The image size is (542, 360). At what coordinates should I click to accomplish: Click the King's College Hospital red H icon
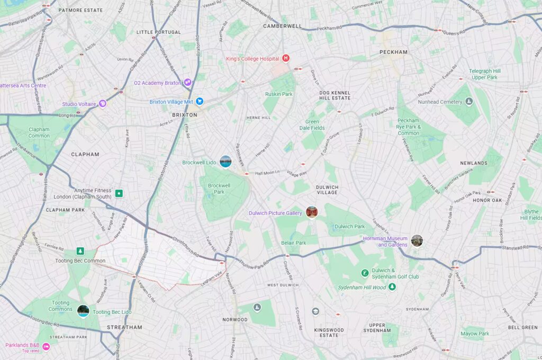click(286, 58)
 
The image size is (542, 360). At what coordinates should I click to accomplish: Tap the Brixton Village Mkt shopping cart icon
click(200, 101)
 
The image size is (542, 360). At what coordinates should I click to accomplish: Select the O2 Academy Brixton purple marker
click(187, 83)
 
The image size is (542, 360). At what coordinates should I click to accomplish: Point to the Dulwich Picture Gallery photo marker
click(312, 212)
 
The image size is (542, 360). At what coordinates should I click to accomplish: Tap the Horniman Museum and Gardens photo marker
click(417, 241)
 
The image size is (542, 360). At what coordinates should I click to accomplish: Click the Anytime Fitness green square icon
click(119, 194)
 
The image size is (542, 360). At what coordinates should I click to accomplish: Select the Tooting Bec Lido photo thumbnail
click(83, 311)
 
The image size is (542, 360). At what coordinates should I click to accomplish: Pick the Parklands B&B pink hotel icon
click(46, 347)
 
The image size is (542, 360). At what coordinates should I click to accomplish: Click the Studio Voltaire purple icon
click(103, 104)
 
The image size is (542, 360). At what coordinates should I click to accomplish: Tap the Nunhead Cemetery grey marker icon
click(468, 101)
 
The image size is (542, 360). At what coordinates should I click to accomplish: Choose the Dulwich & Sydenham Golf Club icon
click(365, 273)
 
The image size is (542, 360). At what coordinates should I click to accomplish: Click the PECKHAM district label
click(393, 52)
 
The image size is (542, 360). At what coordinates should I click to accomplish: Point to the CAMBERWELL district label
click(282, 25)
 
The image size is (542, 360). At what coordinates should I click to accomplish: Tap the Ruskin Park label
click(278, 94)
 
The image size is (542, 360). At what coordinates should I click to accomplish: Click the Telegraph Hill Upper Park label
click(485, 74)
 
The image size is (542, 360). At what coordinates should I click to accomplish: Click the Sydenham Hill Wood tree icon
click(392, 287)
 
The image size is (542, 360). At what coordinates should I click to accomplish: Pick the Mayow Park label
click(474, 334)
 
